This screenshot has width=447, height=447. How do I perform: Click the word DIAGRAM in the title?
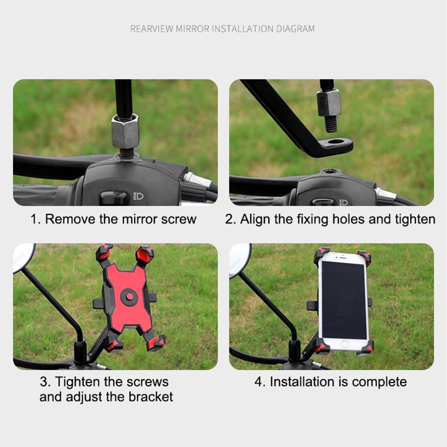(x=295, y=29)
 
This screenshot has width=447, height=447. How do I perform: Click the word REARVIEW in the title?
(x=152, y=29)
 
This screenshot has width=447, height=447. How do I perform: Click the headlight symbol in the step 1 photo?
(x=139, y=196)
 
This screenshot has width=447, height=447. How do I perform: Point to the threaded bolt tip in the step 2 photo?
(x=331, y=124)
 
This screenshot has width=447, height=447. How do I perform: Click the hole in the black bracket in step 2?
(x=336, y=141)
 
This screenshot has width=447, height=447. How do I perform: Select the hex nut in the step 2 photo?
(x=329, y=103)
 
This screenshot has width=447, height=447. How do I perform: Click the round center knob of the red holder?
(x=129, y=297)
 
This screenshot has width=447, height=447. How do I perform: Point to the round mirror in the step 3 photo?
(x=23, y=257)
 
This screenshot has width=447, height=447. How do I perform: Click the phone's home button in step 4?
(x=344, y=344)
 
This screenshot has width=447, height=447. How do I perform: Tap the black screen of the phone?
(x=344, y=300)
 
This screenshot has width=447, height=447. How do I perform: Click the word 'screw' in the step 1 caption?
(x=179, y=219)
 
